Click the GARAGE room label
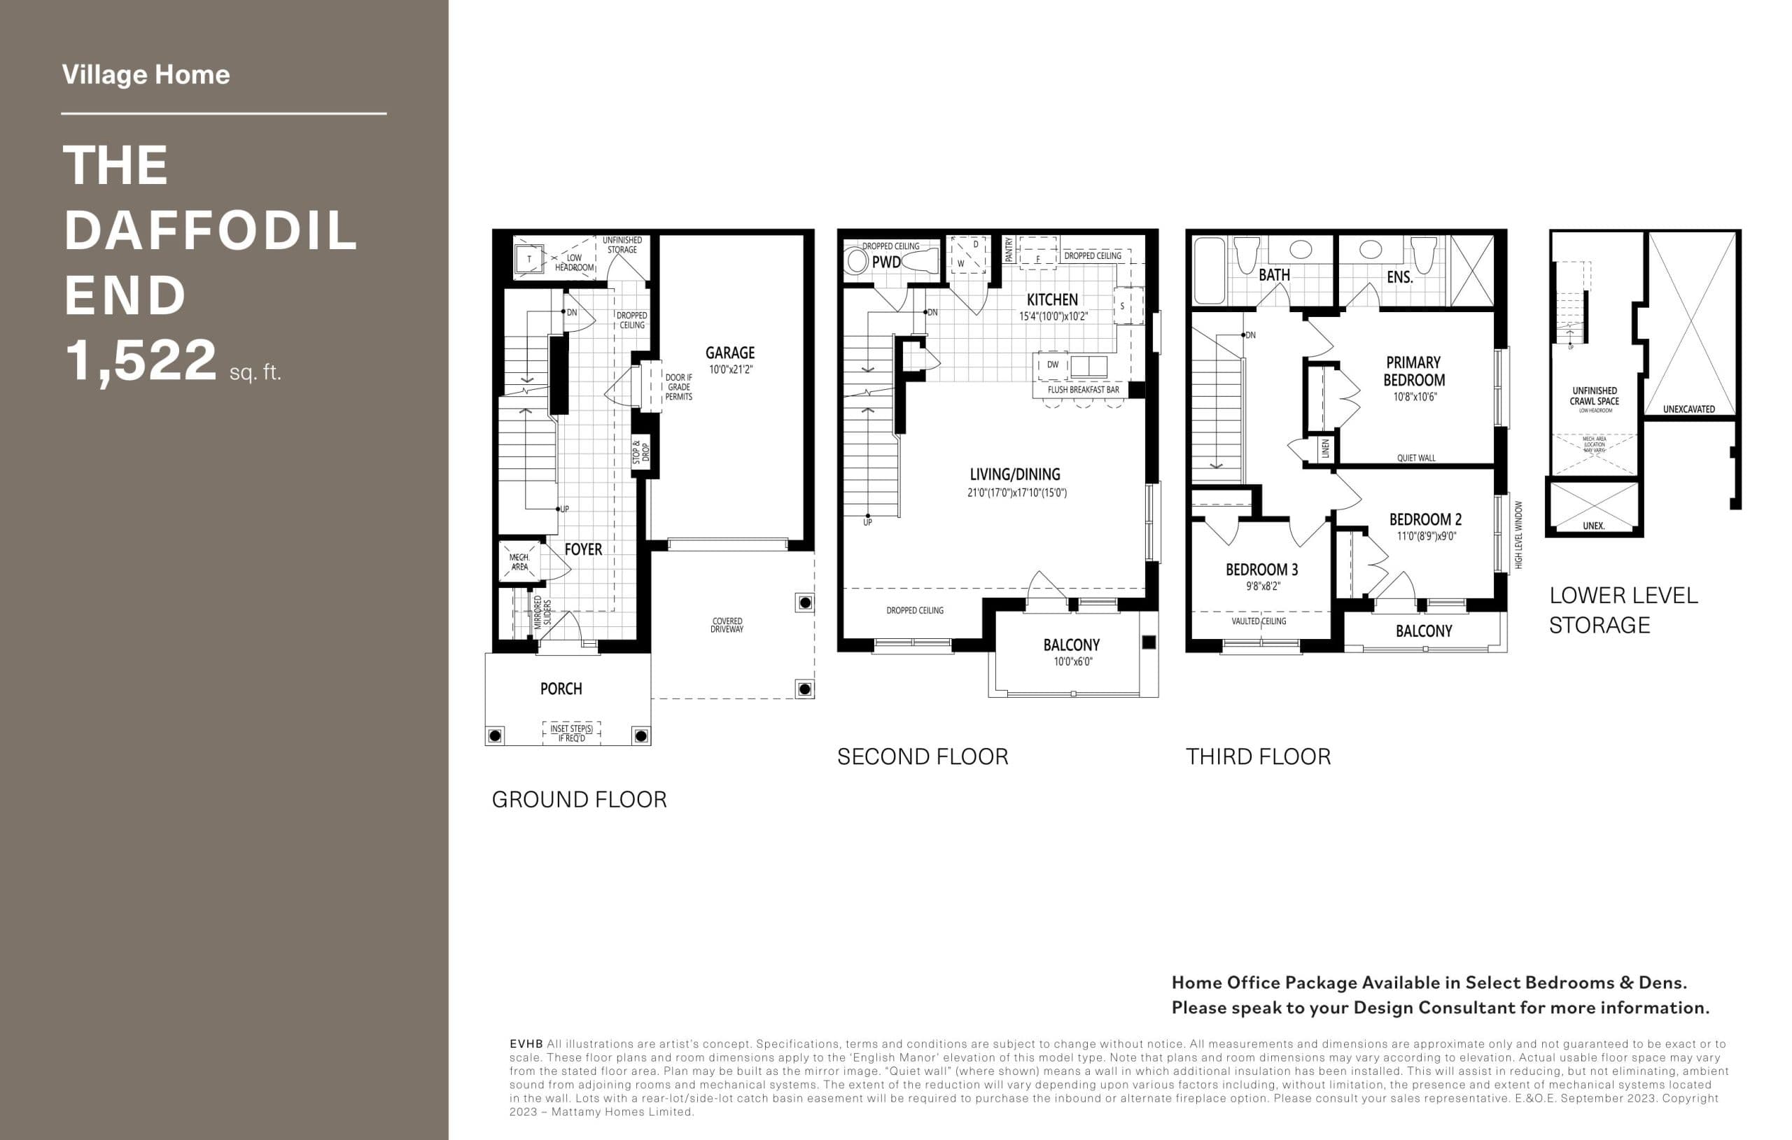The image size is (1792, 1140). (729, 353)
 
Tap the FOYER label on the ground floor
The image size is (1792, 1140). (582, 550)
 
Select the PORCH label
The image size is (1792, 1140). (561, 689)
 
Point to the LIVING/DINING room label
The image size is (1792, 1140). (1014, 474)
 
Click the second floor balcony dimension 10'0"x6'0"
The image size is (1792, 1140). (1072, 661)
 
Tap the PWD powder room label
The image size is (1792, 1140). (885, 262)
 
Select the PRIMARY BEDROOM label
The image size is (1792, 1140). (1413, 372)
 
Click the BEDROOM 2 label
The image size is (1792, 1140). (1424, 519)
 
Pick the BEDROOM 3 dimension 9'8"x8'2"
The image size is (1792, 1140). (1263, 586)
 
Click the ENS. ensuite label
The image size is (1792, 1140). (1399, 278)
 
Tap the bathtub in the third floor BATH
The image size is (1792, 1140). (1209, 271)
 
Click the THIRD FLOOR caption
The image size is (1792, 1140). (1258, 757)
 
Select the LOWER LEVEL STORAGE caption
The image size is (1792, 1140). (1623, 610)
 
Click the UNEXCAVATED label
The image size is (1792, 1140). (1688, 409)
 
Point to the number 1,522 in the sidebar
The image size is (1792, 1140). (141, 361)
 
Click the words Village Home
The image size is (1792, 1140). (146, 74)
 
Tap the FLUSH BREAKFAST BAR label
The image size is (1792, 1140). (1083, 390)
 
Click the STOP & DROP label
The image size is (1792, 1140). (640, 452)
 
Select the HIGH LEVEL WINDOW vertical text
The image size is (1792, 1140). (1518, 534)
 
